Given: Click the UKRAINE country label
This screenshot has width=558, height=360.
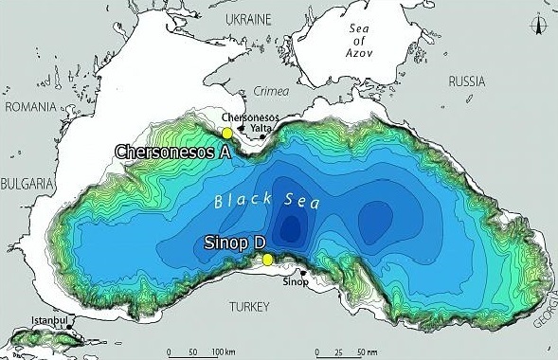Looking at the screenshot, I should click(x=249, y=18).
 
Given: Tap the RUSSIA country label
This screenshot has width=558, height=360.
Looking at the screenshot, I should click(x=468, y=81).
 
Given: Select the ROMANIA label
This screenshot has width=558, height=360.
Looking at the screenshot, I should click(x=31, y=107).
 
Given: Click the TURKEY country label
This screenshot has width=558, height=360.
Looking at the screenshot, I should click(x=249, y=305).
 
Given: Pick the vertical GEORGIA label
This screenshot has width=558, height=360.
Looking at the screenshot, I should click(x=549, y=313).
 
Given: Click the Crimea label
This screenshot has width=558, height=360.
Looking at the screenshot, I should click(x=271, y=92).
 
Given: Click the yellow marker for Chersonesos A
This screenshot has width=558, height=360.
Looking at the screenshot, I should click(x=226, y=135).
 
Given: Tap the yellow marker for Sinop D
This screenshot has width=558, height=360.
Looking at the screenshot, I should click(x=268, y=260).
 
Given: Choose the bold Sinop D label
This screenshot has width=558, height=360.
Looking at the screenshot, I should click(x=235, y=243).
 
